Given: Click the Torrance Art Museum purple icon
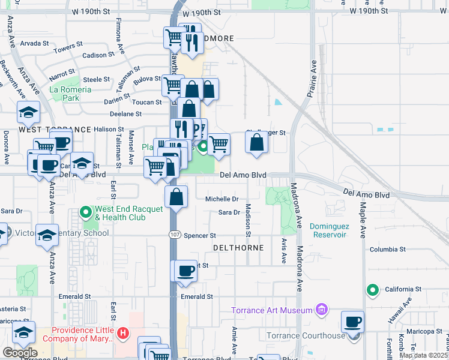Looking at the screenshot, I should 322,310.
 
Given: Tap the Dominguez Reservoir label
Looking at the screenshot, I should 328,230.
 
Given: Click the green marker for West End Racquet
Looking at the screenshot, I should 86,213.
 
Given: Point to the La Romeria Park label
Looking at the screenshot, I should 70,93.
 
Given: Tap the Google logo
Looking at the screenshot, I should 19,352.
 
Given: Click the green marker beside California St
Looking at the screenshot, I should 373,291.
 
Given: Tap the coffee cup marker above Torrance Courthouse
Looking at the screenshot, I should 352,322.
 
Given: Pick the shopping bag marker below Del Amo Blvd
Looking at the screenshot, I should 176,197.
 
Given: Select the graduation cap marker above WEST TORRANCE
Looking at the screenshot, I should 28,112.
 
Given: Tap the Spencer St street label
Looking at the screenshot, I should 199,236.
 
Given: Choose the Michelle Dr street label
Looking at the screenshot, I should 222,199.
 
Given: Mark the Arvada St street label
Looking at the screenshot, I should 34,43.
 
